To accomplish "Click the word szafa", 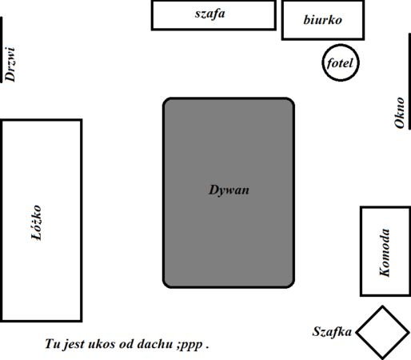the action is [209, 14].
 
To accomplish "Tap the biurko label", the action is [322, 20].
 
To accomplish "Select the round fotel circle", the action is [341, 44].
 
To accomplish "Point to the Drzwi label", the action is [10, 64].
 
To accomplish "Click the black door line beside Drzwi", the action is [1, 50].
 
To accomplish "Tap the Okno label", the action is [399, 113].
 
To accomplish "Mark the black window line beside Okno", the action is [409, 82].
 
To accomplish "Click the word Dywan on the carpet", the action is [229, 190].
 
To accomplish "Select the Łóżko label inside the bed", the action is [37, 222].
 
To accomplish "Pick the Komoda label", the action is [385, 252].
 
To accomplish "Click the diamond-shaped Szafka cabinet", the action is [357, 333].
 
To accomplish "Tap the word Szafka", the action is [332, 332].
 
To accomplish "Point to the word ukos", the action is [101, 344].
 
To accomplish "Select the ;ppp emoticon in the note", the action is [190, 346].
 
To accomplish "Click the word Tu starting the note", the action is [52, 344].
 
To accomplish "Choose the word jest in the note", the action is [74, 345].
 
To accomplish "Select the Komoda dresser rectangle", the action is [361, 251].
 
